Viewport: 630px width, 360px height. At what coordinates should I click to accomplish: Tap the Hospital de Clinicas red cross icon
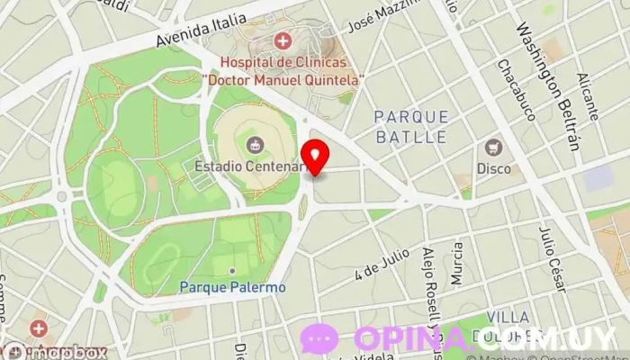click(x=283, y=40)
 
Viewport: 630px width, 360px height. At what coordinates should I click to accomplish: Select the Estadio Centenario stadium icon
click(x=255, y=144)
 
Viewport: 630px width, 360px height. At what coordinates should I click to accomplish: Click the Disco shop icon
click(x=493, y=147)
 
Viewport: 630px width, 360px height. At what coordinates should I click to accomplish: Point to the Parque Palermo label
click(x=232, y=288)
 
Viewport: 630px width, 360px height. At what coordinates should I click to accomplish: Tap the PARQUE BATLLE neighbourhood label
click(x=410, y=127)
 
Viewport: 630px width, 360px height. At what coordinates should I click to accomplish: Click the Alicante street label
click(x=588, y=97)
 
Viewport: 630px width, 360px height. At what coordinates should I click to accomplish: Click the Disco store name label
click(x=493, y=168)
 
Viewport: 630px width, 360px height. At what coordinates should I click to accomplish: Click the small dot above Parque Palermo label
click(x=232, y=271)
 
